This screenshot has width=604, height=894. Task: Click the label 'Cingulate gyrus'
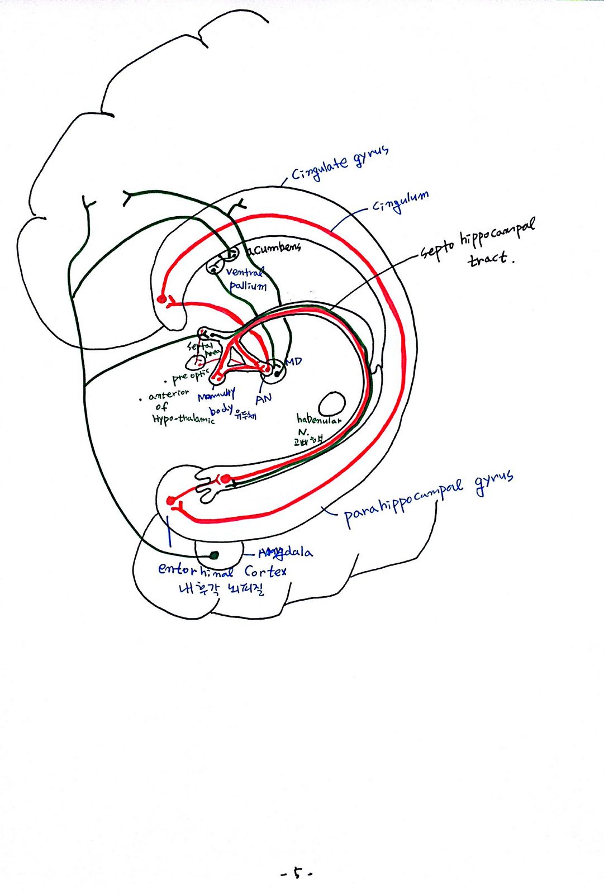tap(339, 164)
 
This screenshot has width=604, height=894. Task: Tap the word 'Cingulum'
tap(401, 202)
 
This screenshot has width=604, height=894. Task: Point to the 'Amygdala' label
tap(285, 553)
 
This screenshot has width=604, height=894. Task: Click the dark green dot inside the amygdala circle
tap(213, 555)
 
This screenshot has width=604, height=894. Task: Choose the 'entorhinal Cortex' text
tap(222, 570)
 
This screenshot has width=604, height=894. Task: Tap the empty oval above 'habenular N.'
tap(331, 403)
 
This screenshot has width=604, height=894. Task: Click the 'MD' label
tap(294, 362)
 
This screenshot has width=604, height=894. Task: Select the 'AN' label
tap(263, 398)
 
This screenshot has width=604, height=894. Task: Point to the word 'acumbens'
tap(274, 248)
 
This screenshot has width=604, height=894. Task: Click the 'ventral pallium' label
tap(246, 279)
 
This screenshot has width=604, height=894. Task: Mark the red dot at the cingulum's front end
tap(162, 299)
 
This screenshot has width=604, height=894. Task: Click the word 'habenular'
tap(318, 419)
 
